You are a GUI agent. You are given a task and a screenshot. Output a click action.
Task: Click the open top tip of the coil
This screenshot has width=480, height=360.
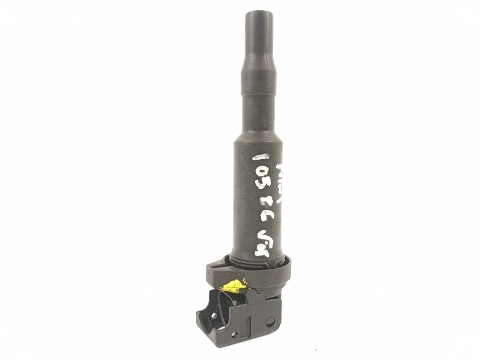(x=256, y=13)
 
